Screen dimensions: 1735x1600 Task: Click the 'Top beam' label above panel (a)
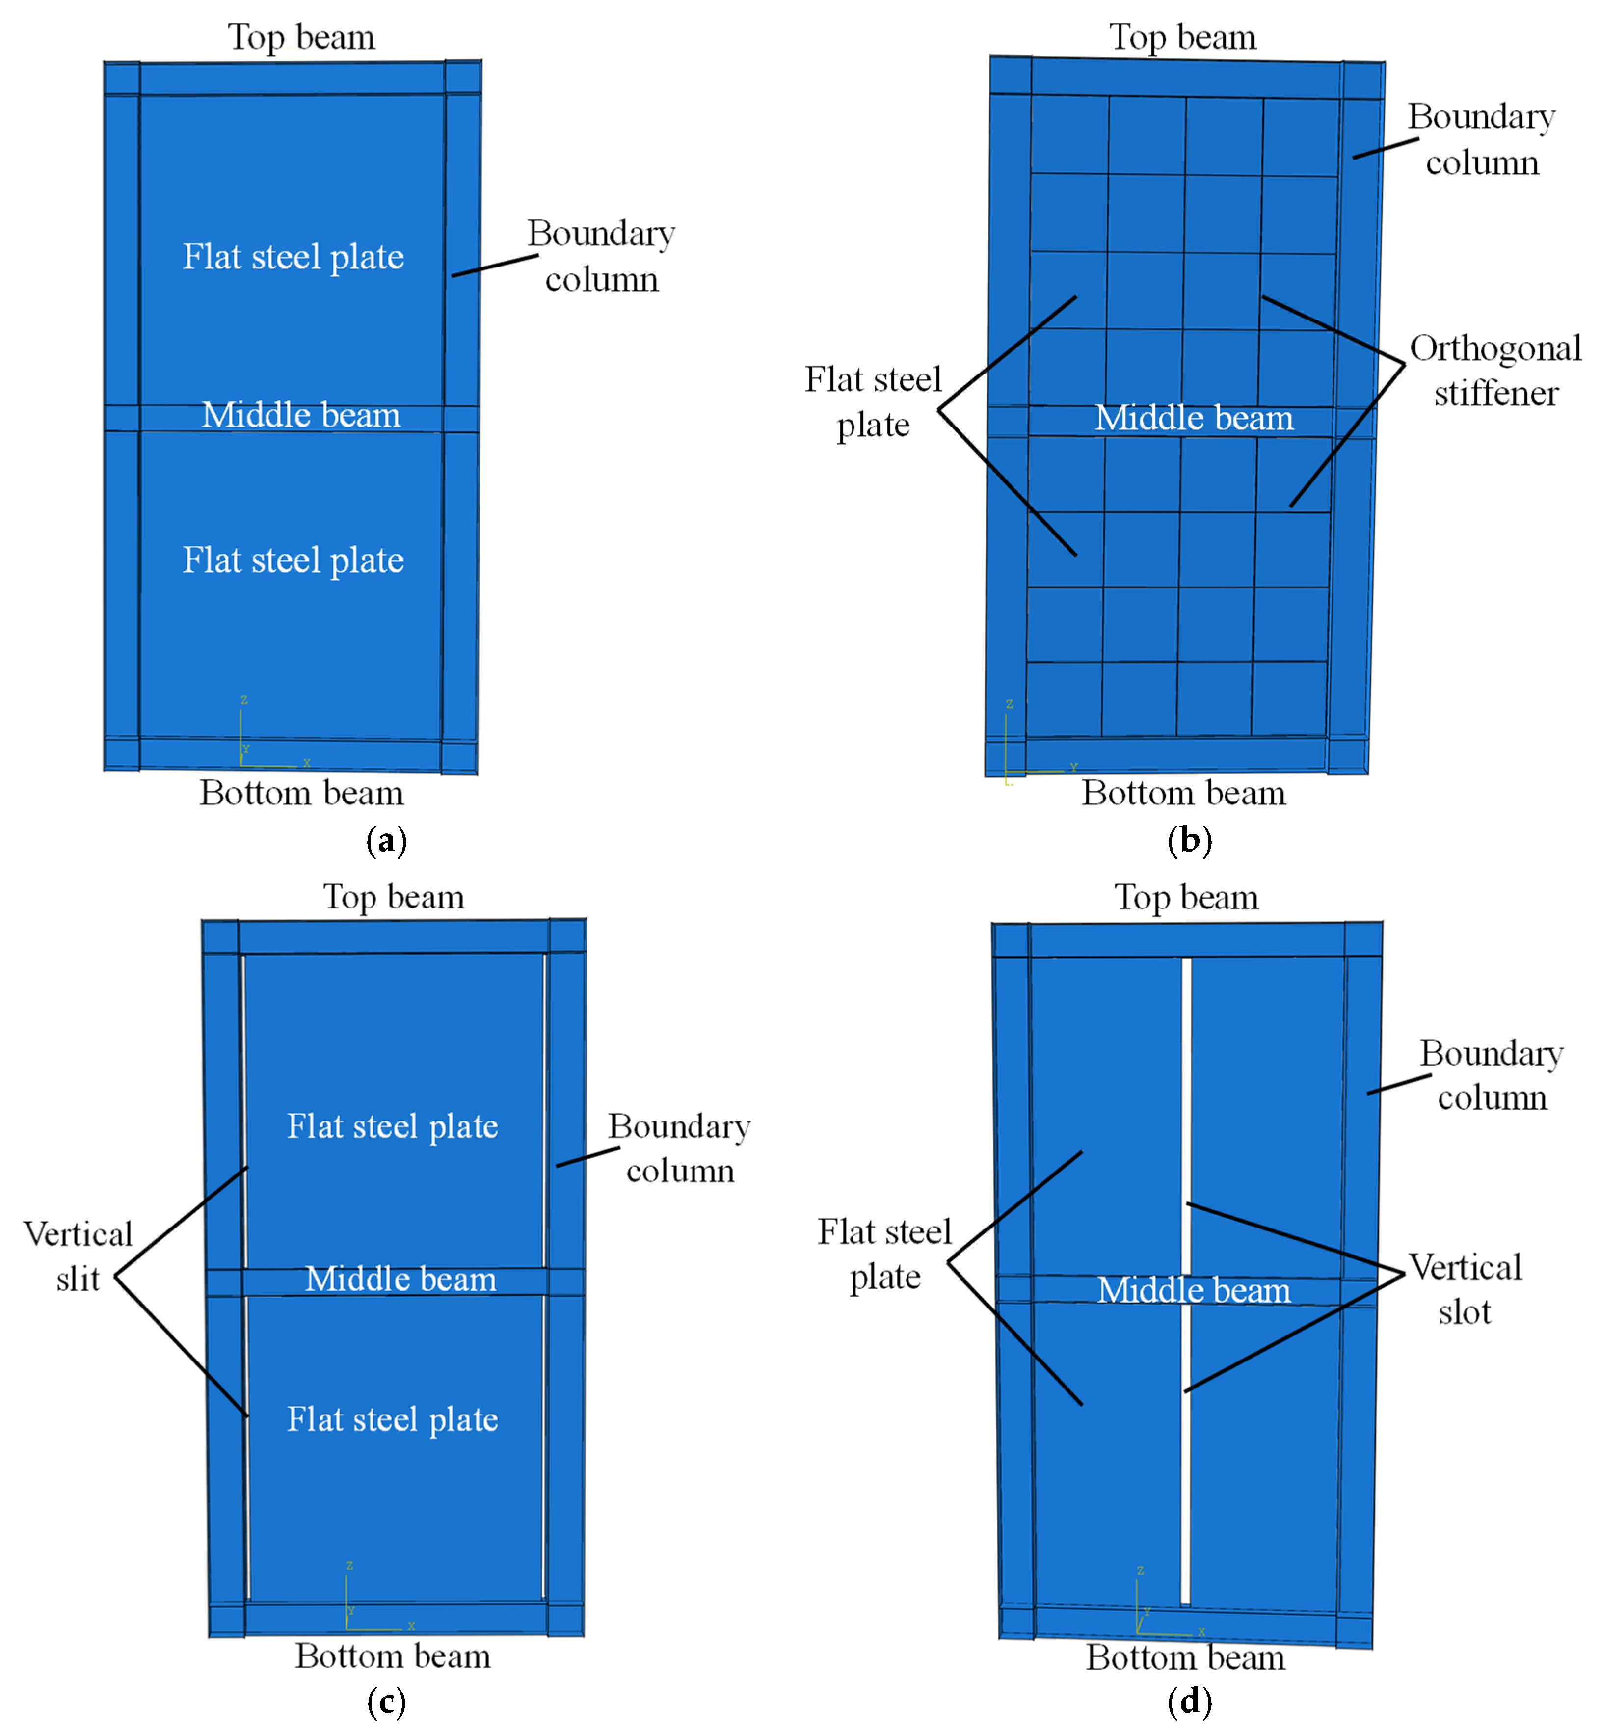301,37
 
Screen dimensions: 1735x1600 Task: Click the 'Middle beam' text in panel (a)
301,415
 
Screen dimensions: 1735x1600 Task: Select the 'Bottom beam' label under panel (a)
301,793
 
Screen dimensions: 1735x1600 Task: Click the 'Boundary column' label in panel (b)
1481,139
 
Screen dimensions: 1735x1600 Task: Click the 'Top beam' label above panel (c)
394,897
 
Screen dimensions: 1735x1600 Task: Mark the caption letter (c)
386,1702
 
